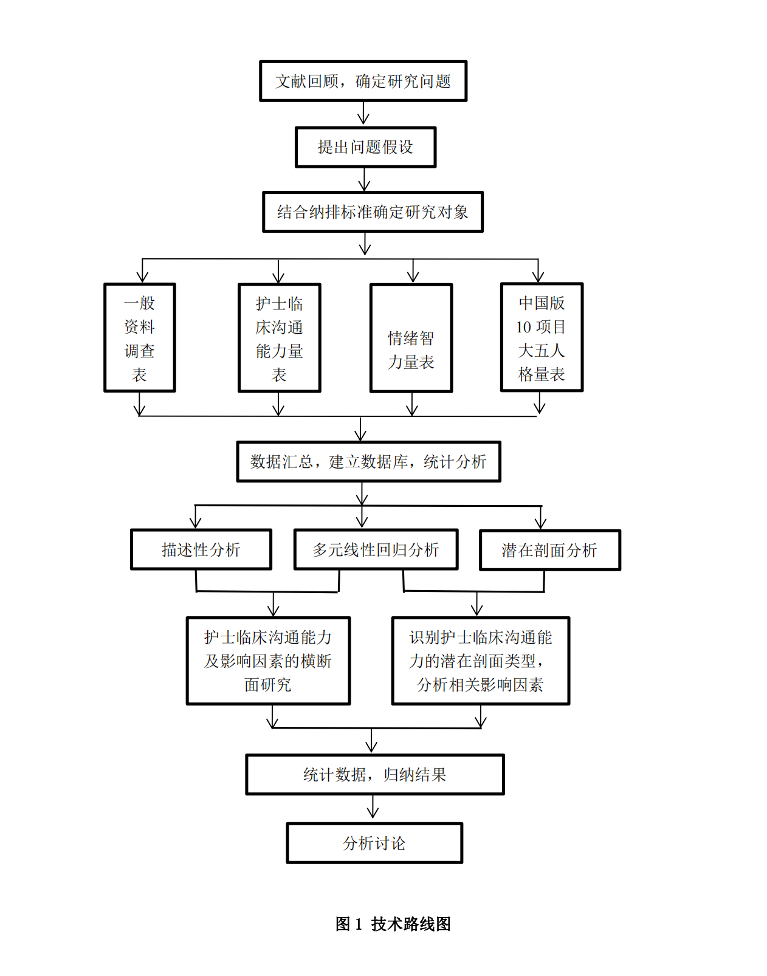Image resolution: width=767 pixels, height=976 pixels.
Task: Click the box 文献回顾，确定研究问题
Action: [363, 81]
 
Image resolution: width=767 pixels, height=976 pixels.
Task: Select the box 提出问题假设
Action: [365, 147]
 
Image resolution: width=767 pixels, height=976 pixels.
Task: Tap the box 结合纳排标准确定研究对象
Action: [373, 212]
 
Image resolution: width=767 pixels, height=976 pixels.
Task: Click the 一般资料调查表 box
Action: [140, 338]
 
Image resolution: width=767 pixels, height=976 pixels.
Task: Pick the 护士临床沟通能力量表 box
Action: [279, 339]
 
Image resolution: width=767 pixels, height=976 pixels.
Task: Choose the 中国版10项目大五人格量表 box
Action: [542, 338]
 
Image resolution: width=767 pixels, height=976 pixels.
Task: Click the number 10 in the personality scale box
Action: [524, 327]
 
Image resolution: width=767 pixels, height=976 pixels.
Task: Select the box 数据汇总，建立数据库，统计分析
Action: [368, 462]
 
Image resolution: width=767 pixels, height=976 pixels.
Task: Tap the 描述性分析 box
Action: [201, 549]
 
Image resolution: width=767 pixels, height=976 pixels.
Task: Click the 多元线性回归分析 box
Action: [376, 549]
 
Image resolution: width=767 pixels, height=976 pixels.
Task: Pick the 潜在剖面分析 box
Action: [549, 550]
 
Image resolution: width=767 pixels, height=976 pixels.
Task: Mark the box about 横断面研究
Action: [268, 661]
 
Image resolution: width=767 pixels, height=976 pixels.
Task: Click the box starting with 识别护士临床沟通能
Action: [480, 661]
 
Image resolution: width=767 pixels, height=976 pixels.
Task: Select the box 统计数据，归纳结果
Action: [375, 775]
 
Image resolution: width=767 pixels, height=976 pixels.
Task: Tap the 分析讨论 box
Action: [374, 844]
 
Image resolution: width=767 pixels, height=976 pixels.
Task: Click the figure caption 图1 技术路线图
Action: [393, 924]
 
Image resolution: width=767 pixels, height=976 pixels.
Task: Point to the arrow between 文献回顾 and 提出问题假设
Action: [363, 114]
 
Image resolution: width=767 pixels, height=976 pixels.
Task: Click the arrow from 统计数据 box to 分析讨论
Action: [373, 808]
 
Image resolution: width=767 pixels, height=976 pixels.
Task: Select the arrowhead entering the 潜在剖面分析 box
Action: [540, 523]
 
